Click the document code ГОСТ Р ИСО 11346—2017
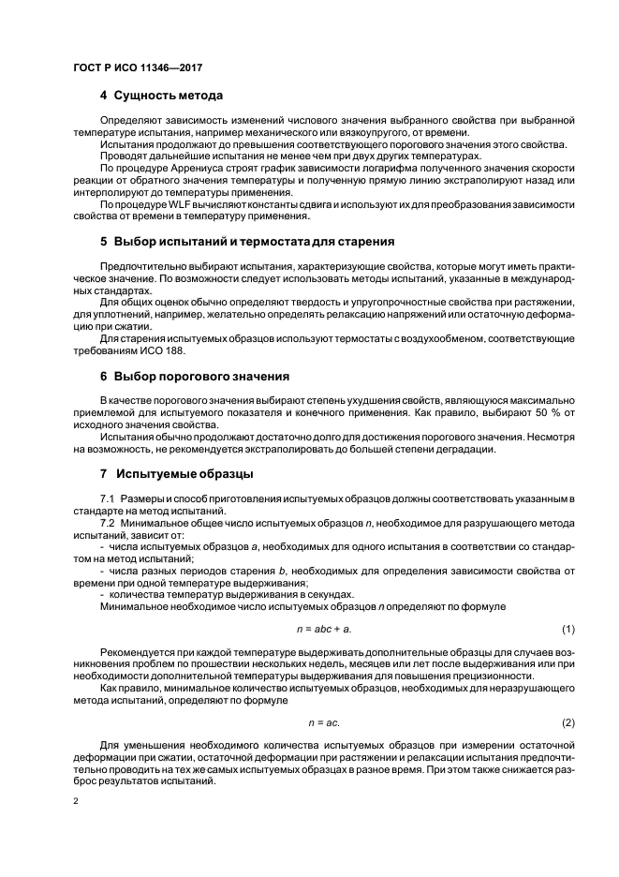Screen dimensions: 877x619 tap(138, 68)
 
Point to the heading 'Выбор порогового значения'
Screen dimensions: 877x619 tap(200, 376)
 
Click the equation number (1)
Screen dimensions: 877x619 tap(567, 628)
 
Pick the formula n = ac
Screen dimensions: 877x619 tap(324, 722)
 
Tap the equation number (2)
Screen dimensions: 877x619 tap(567, 722)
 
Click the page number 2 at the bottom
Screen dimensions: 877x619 tap(77, 802)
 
